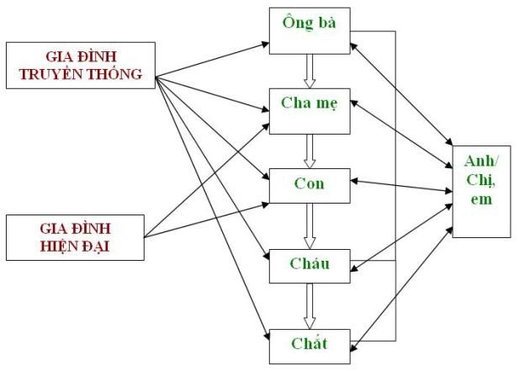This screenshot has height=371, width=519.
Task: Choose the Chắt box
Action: [309, 343]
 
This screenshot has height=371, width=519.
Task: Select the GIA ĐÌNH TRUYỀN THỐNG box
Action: [80, 64]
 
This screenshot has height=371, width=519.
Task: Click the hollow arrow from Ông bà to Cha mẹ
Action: [309, 70]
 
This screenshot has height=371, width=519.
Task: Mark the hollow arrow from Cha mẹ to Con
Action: [309, 149]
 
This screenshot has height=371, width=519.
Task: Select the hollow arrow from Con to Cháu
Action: [309, 225]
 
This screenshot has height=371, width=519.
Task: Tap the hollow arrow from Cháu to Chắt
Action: [309, 305]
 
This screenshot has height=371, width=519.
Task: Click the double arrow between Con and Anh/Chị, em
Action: [401, 186]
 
